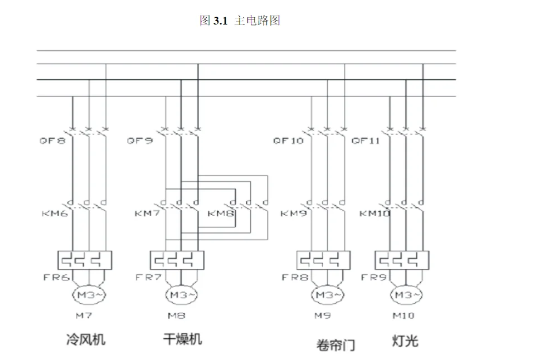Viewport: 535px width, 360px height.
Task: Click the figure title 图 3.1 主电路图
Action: (240, 21)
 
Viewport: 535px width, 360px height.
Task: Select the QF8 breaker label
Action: (52, 140)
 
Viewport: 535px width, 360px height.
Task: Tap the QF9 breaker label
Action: (139, 140)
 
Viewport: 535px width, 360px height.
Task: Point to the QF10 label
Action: (288, 140)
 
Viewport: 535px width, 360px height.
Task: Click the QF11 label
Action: (366, 140)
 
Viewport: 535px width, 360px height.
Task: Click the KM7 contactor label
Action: (147, 213)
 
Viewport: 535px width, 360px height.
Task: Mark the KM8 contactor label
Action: (221, 213)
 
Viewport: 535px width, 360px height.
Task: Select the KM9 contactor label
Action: (294, 213)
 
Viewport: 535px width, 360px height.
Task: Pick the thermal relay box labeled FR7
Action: (177, 260)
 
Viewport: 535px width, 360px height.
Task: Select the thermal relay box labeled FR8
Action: (323, 260)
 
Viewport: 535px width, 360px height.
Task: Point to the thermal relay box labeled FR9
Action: (401, 260)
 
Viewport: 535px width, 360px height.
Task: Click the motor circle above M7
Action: (89, 295)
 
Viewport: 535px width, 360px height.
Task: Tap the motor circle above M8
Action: (181, 295)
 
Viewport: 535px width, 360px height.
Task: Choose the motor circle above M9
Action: (327, 295)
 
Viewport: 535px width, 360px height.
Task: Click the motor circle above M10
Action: (406, 295)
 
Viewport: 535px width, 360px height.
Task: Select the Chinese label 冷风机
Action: (86, 339)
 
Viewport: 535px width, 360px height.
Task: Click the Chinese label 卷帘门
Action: (335, 345)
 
